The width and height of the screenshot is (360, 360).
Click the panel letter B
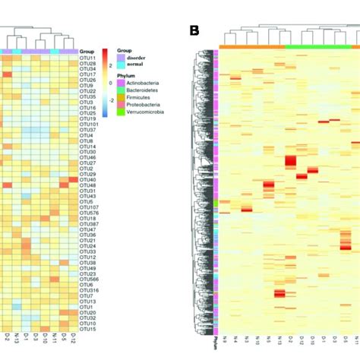point(194,31)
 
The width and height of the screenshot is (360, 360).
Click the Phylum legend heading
point(126,77)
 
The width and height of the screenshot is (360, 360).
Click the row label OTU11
point(87,58)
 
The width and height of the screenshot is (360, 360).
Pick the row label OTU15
point(87,328)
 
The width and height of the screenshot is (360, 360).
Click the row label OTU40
point(87,179)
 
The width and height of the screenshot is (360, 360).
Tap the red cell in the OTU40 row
point(74,180)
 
